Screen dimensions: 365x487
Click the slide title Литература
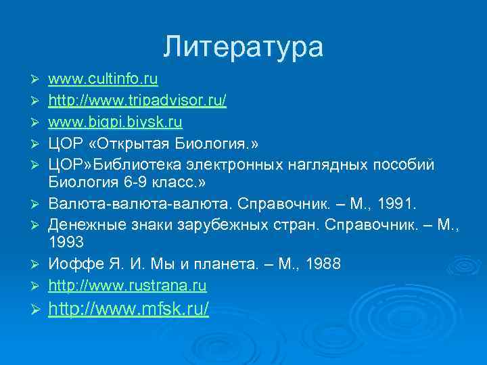pos(243,47)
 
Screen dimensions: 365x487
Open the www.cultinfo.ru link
pos(103,81)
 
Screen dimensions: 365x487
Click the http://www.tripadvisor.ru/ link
pos(137,102)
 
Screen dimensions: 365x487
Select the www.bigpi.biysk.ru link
pos(116,123)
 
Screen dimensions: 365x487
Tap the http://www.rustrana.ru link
pos(128,286)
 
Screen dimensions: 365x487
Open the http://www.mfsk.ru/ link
pos(129,310)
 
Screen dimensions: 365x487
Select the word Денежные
pos(80,224)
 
